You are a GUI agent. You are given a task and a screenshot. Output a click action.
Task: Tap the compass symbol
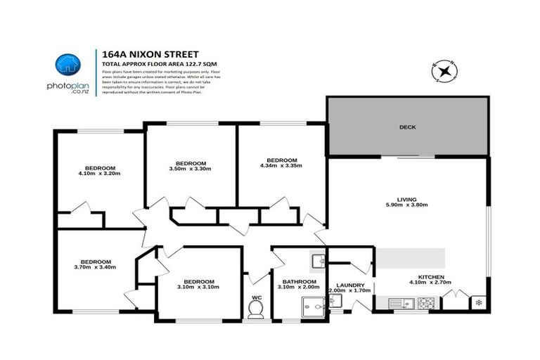[444, 71]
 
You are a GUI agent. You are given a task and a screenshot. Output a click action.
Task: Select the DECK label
[408, 127]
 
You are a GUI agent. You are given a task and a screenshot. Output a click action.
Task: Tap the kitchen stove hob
[427, 304]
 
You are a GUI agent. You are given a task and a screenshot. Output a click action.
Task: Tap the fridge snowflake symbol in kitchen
[480, 303]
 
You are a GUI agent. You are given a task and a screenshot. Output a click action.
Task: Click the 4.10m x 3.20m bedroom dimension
[101, 174]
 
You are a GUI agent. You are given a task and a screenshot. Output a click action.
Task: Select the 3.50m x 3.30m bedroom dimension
[190, 169]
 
